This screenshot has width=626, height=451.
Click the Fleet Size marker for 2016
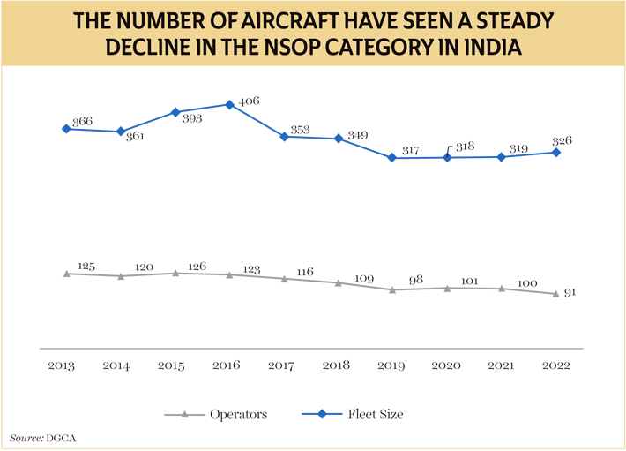click(230, 104)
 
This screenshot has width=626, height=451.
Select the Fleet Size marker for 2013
click(66, 129)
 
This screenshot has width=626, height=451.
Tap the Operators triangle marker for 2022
click(555, 293)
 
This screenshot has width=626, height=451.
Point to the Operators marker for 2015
click(175, 273)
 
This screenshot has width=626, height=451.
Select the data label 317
click(411, 150)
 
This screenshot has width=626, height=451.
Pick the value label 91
click(570, 292)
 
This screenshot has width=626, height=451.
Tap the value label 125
click(86, 265)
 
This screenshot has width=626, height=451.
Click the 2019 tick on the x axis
click(392, 365)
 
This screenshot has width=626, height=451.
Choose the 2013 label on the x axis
click(60, 365)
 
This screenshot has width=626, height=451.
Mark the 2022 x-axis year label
click(556, 365)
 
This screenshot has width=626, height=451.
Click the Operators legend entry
click(226, 413)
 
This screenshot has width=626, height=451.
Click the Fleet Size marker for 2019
click(392, 158)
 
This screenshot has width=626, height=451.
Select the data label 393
click(193, 118)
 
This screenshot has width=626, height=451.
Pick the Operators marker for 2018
click(339, 282)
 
